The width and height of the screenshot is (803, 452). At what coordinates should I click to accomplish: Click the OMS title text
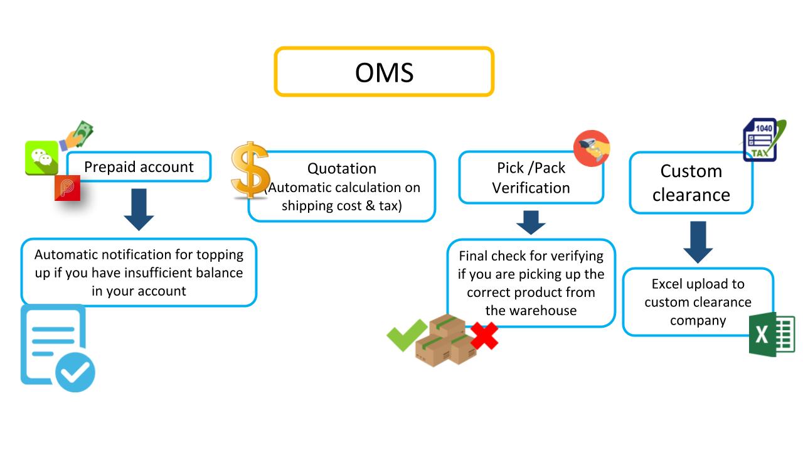384,72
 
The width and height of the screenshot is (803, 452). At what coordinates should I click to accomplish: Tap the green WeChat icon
41,158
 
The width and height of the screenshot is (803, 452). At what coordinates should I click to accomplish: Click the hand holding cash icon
76,135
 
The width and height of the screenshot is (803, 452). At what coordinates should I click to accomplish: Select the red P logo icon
67,188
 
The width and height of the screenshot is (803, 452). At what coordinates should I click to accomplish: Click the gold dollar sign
250,169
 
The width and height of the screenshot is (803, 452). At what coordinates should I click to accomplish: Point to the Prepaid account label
139,167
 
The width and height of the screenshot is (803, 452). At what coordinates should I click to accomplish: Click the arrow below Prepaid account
139,210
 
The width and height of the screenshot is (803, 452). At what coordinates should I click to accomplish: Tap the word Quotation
342,168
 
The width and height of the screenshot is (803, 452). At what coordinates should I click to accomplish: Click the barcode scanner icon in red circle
592,148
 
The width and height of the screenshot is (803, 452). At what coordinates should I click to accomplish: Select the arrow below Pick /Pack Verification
531,222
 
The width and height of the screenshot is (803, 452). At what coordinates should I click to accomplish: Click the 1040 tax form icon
763,139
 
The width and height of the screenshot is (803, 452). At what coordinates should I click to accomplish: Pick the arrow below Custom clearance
698,242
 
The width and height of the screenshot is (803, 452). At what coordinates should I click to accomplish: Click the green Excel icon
772,335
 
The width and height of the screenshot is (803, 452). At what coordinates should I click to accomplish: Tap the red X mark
484,335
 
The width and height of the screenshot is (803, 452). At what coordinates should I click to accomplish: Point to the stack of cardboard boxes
445,340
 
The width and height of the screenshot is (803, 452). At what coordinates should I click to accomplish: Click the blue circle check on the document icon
75,372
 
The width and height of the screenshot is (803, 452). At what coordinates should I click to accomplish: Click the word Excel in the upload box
666,284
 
